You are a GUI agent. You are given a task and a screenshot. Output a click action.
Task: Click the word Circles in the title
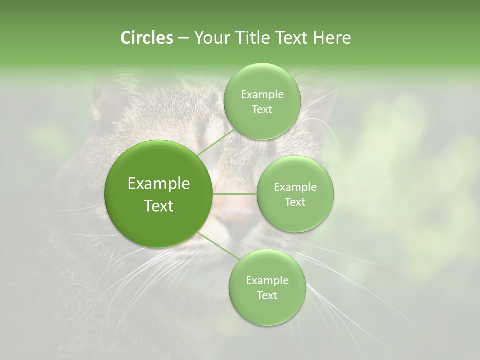[x=146, y=38]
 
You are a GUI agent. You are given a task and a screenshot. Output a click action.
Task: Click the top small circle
[x=262, y=101]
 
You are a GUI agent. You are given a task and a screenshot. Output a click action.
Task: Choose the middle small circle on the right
[x=295, y=194]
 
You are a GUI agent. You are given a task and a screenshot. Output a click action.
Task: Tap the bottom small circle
[x=267, y=287]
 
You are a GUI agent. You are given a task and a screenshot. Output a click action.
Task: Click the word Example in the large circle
[x=159, y=184]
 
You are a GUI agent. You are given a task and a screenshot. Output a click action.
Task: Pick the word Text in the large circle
[x=159, y=206]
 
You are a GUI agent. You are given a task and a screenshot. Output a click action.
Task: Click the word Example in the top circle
[x=262, y=94]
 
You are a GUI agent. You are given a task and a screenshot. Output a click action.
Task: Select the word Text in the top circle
[x=262, y=109]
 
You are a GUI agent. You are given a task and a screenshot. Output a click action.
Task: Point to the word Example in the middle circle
[x=295, y=187]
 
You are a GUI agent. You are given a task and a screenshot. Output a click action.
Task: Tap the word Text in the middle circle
[x=295, y=202]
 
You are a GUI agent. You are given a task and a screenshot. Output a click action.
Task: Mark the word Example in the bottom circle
[x=267, y=280]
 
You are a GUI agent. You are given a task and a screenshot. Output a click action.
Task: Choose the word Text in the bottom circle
[x=267, y=295]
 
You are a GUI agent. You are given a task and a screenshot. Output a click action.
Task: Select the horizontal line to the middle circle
[x=234, y=194]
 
